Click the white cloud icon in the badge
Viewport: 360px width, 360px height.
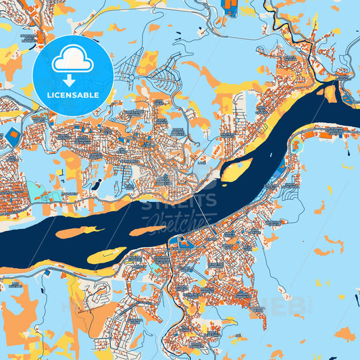(72, 61)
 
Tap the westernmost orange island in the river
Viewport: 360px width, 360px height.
(74, 232)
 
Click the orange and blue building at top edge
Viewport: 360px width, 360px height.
(230, 8)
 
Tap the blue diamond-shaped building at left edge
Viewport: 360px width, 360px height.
(11, 135)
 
